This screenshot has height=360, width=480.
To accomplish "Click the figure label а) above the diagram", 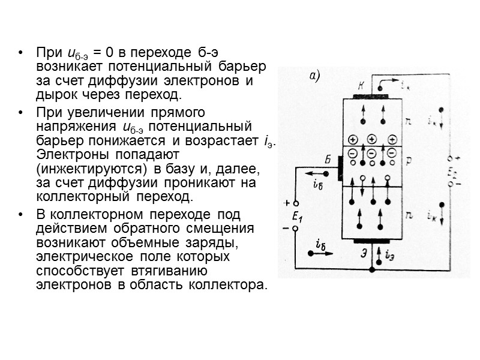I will click(x=315, y=76).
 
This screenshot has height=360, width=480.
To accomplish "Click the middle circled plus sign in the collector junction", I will click(x=371, y=138).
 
